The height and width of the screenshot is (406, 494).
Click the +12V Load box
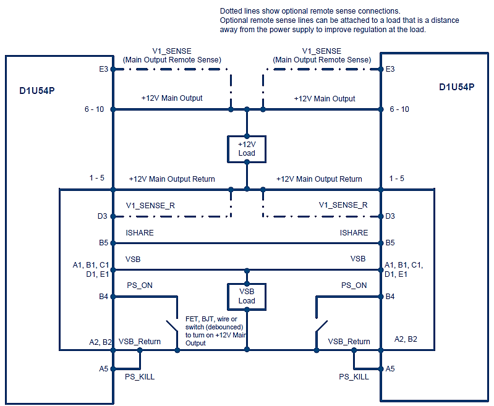tap(247, 148)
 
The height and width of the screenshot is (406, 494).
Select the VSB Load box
tap(247, 296)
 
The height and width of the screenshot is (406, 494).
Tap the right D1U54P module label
tap(456, 87)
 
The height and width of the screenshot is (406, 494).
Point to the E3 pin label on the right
tap(390, 69)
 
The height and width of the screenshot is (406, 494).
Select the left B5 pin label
tap(104, 243)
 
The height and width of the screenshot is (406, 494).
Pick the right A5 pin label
tap(390, 368)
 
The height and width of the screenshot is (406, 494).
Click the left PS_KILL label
tap(140, 376)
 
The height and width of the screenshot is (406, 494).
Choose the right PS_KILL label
tap(354, 376)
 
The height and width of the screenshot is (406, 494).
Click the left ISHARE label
tap(140, 233)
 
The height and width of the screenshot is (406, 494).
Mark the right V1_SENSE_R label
tap(343, 205)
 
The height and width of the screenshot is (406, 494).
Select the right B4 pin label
tap(390, 297)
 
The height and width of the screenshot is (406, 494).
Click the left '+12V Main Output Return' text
tap(172, 179)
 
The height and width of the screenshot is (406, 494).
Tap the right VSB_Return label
tap(349, 341)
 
